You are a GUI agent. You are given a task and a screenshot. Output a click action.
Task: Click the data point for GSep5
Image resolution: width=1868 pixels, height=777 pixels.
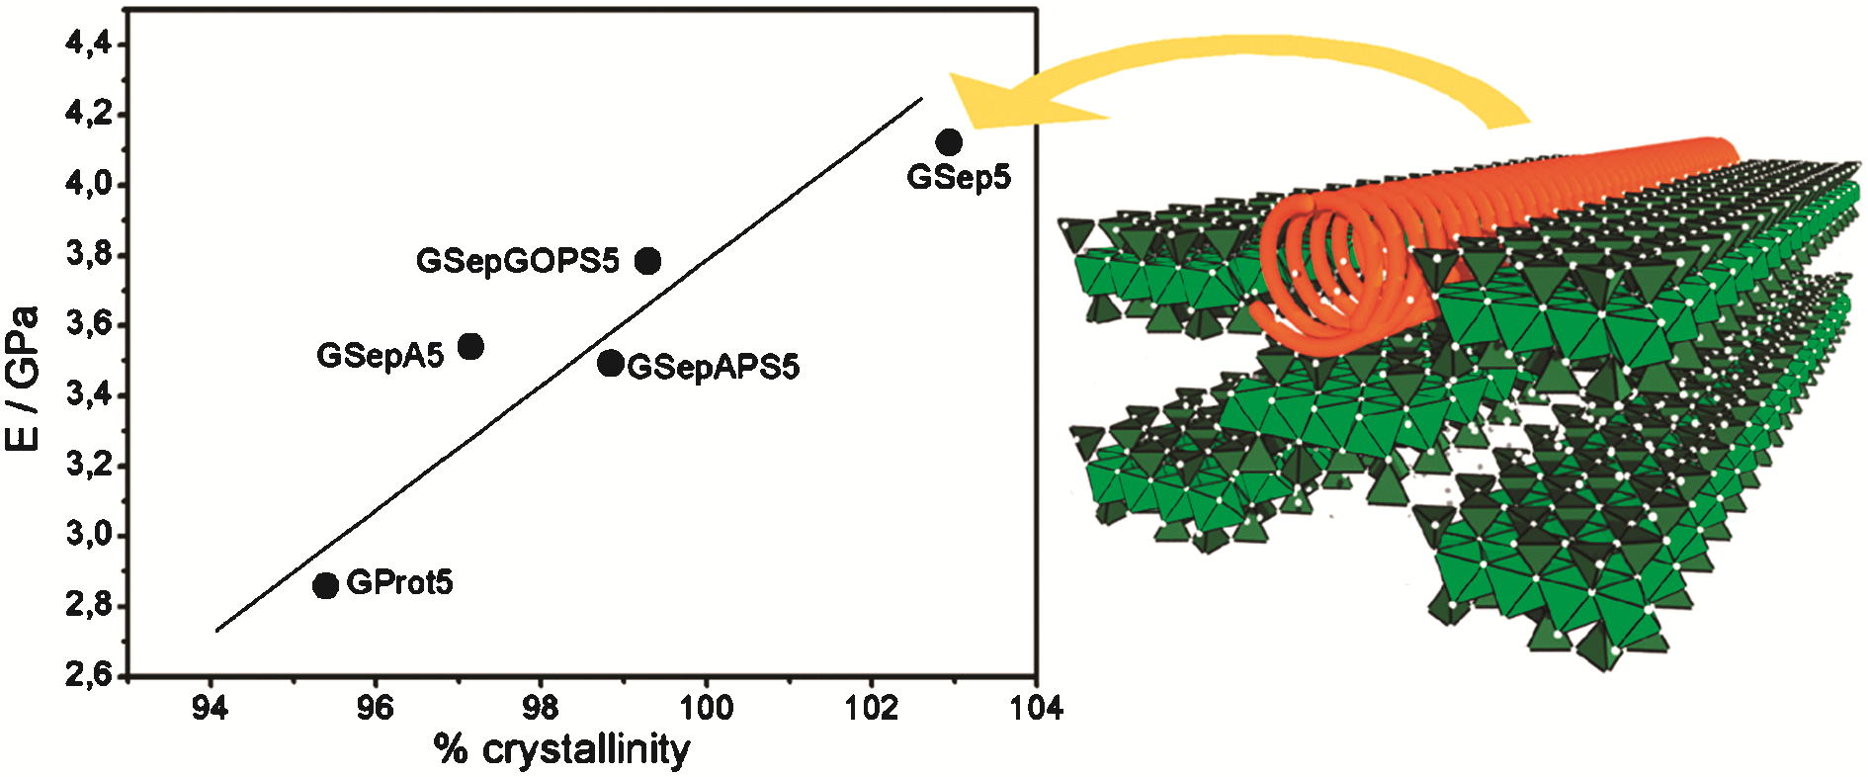point(949,142)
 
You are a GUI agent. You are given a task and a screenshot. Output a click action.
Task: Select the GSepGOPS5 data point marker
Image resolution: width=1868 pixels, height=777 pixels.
point(647,261)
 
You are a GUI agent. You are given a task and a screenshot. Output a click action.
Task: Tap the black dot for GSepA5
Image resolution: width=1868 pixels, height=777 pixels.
point(470,346)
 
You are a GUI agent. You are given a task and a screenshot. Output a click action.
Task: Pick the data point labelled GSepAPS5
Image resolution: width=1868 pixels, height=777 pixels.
point(611,363)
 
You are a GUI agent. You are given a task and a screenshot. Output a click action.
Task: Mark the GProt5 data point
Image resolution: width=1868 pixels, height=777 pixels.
point(325,585)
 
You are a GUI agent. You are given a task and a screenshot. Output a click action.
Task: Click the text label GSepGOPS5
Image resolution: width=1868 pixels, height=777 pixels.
point(518,260)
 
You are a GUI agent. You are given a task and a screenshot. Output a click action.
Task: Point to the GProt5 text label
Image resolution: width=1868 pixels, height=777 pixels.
point(400,582)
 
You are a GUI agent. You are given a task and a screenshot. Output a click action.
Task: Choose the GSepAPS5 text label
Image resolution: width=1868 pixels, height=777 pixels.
point(714,367)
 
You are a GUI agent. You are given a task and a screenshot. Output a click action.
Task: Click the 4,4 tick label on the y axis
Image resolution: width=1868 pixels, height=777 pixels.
point(88,44)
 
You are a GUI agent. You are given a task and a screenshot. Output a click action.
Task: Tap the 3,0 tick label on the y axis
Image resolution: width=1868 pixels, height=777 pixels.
point(88,536)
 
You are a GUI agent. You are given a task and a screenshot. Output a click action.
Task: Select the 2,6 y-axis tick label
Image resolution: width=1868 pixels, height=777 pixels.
point(88,676)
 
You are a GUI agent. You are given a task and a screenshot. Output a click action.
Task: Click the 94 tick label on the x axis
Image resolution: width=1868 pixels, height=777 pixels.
point(210,708)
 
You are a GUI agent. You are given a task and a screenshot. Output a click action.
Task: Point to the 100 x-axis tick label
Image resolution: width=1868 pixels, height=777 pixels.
point(706,708)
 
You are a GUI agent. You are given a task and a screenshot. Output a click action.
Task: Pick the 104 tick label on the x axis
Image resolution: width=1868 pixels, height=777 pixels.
point(1036,708)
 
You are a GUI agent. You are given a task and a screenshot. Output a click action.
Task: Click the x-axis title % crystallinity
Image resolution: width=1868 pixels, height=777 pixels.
point(561,749)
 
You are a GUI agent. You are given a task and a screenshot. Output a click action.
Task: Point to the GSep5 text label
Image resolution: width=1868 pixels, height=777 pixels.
point(959,178)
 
